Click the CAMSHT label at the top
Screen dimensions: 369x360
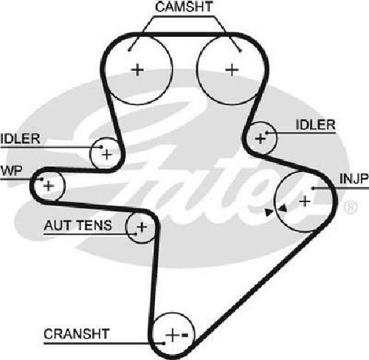[x=184, y=7]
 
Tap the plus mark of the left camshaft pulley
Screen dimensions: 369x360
[x=137, y=70]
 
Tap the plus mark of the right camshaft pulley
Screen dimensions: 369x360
[x=232, y=70]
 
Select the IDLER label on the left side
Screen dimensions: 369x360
[x=20, y=139]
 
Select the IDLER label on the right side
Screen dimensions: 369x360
[x=315, y=125]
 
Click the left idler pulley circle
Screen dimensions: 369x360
[x=91, y=153]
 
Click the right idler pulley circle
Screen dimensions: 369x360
[x=277, y=138]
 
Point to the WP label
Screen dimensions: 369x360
[x=11, y=170]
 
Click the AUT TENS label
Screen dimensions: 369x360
[x=77, y=225]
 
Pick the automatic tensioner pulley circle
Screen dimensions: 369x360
[x=126, y=226]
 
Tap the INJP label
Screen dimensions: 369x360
[x=354, y=179]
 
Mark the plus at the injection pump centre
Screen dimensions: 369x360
[x=305, y=201]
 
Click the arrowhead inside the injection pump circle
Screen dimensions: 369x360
[x=283, y=208]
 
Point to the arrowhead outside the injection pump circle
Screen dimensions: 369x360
[x=269, y=212]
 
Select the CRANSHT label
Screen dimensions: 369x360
[x=77, y=334]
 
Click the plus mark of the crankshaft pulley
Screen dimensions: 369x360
[x=172, y=335]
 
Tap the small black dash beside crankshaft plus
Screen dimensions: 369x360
[x=184, y=335]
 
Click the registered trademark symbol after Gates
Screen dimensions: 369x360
[x=351, y=207]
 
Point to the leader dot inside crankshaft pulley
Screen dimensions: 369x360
[x=163, y=343]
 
